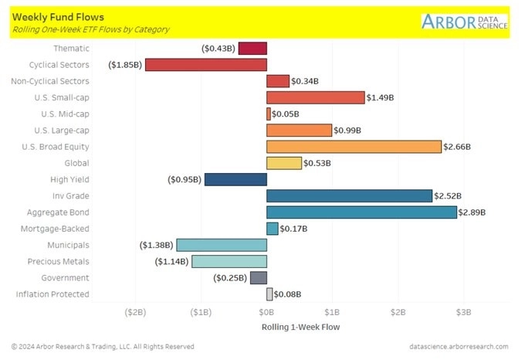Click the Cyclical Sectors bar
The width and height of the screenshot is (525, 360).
point(205,65)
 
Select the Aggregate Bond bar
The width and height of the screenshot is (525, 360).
point(361,212)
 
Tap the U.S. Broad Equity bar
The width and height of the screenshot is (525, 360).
point(354,147)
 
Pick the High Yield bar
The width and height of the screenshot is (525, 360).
point(235,179)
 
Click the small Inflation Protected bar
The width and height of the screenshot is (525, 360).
point(269,294)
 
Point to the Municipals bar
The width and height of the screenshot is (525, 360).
point(222,245)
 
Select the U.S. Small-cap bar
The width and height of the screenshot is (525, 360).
point(315,97)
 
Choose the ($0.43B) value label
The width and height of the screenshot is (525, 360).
point(218,49)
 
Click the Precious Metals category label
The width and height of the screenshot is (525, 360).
point(58,262)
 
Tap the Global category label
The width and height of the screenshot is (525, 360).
point(76,163)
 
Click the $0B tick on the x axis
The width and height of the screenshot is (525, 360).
point(266,312)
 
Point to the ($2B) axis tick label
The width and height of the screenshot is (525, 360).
point(135,312)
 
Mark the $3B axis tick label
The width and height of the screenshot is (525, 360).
point(463,312)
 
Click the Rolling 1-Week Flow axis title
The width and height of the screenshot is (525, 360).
point(301,327)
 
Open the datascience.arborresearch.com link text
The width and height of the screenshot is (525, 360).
point(459,347)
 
